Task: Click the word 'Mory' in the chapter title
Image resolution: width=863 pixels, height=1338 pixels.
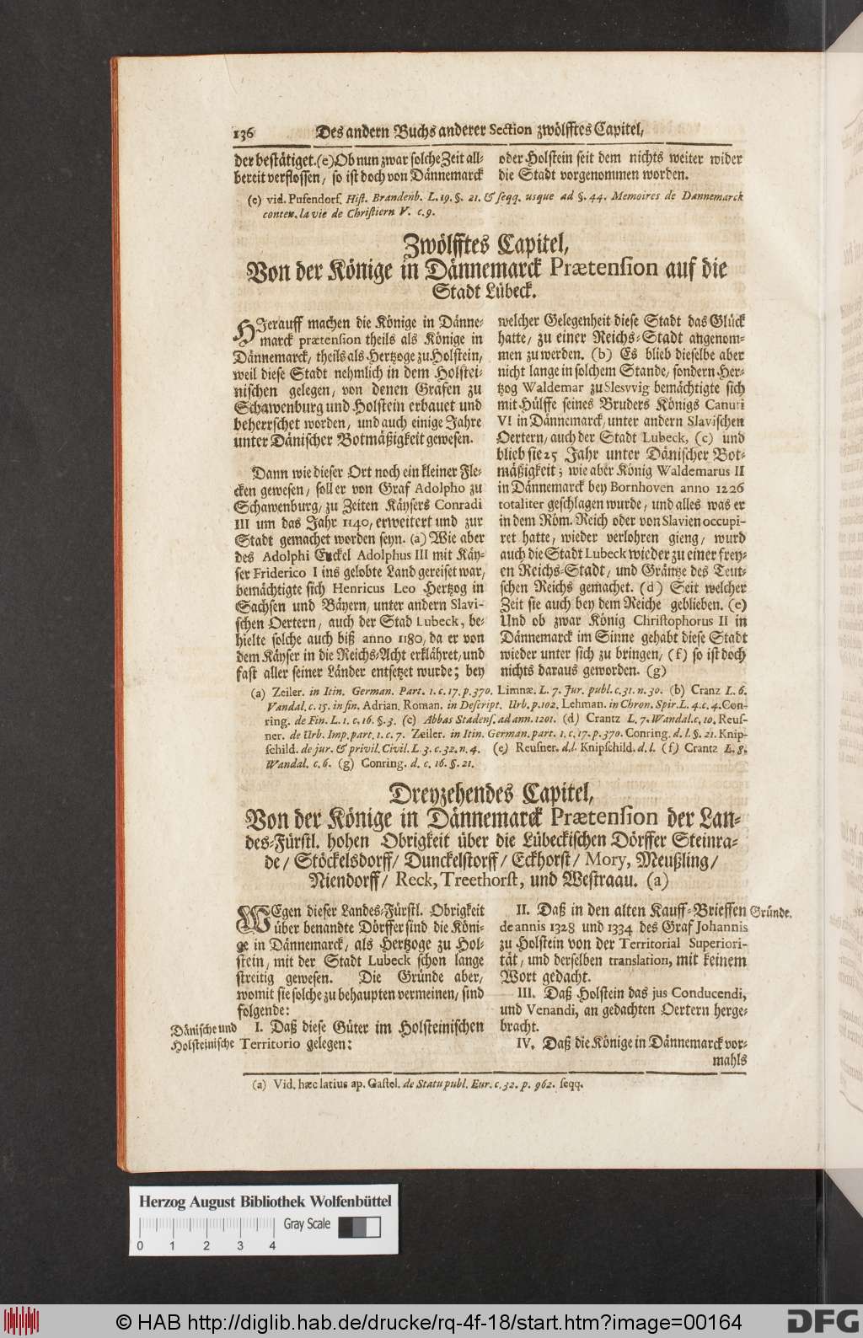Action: tap(611, 861)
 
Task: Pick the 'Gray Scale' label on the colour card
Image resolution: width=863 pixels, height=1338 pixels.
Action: tap(305, 1224)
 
